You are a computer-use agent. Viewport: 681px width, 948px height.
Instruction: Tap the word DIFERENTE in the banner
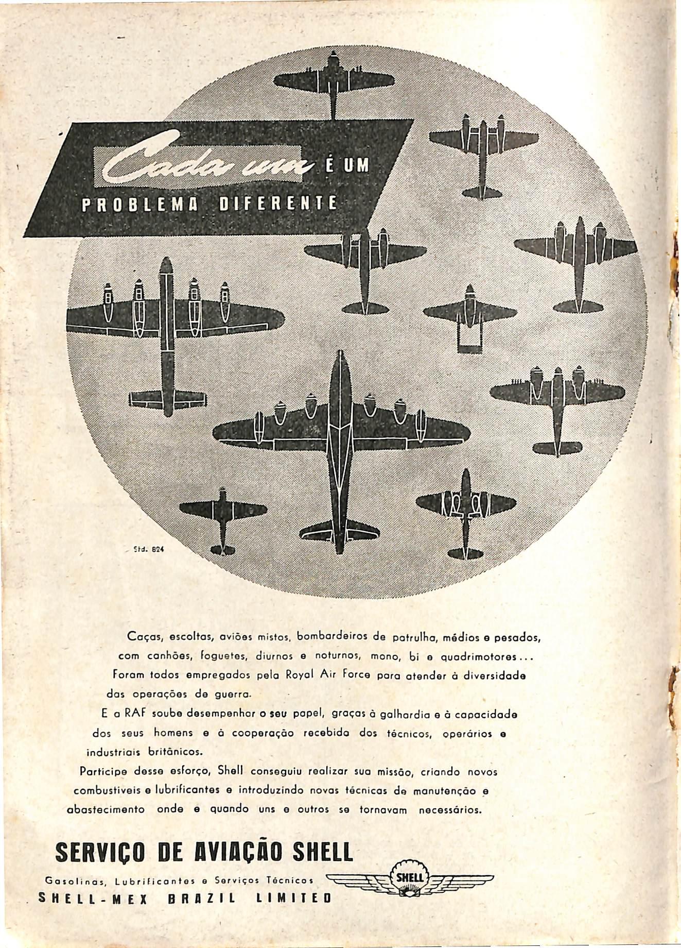[x=278, y=204]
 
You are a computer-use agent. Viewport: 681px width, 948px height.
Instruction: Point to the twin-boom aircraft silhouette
[x=469, y=318]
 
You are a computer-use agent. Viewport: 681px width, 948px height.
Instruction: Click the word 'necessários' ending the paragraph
[x=450, y=809]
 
